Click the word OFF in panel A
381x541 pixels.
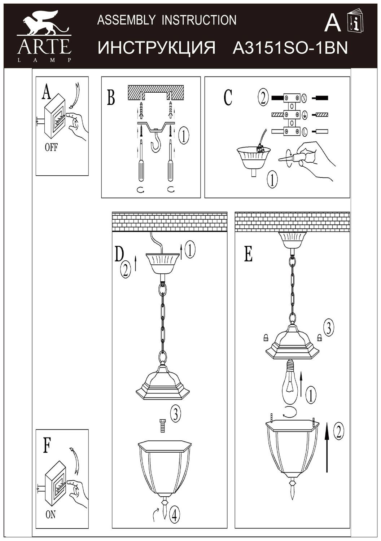coord(51,148)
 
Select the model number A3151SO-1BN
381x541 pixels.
coord(290,48)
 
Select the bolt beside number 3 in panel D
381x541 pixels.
coord(162,426)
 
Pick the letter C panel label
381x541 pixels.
coord(228,97)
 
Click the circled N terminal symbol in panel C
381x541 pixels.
coord(304,98)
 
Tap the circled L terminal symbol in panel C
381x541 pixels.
coord(304,132)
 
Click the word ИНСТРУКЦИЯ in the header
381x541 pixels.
coord(157,48)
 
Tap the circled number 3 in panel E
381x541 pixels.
coord(328,327)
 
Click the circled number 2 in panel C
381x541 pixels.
coord(263,98)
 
